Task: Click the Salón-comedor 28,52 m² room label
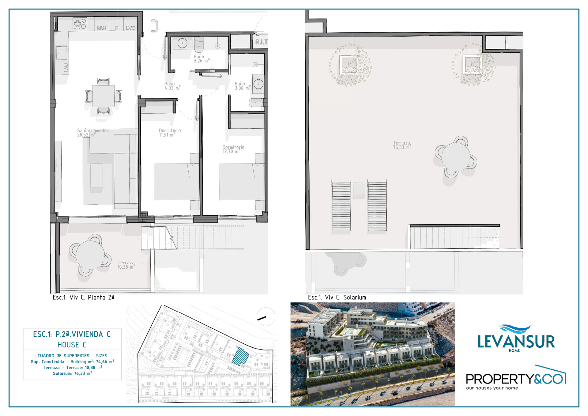(93, 133)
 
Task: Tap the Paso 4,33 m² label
(172, 86)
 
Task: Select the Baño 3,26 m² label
(202, 59)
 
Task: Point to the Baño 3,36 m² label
(243, 86)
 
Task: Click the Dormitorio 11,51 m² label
(170, 133)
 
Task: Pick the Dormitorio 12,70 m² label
(233, 149)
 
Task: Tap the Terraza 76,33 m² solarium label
(402, 145)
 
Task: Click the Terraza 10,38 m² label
(126, 265)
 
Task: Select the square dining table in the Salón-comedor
(104, 96)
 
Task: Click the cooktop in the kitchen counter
(80, 24)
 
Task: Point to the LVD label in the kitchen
(130, 28)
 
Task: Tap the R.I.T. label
(261, 42)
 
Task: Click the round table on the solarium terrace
(456, 157)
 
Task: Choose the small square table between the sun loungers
(359, 189)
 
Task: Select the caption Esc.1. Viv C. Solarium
(337, 297)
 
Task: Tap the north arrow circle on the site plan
(266, 317)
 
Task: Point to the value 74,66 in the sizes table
(101, 362)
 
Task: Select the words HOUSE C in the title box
(72, 345)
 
